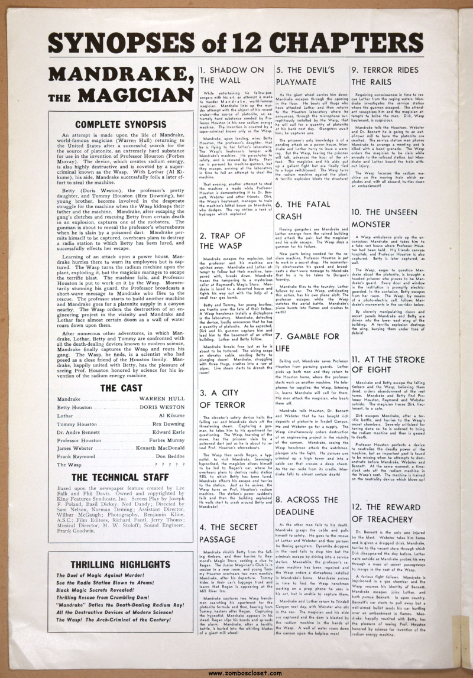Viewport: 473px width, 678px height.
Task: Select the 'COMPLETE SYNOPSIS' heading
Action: coord(121,125)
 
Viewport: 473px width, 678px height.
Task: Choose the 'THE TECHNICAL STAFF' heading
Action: coord(121,461)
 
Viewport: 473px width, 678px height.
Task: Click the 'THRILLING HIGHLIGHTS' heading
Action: coord(121,564)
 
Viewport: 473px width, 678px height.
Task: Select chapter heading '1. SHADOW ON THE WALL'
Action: coord(232,74)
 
